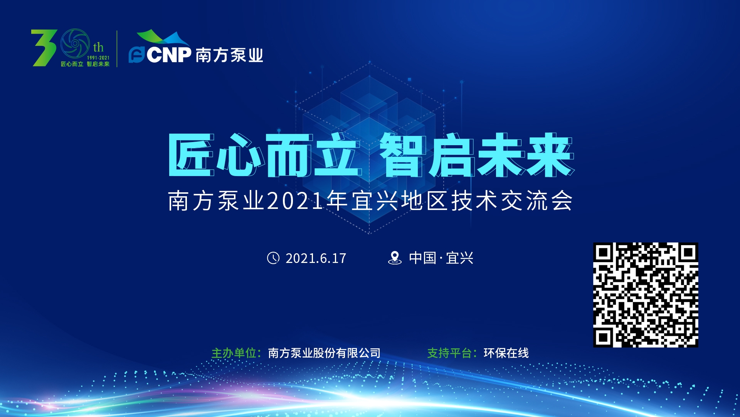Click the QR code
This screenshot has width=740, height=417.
pos(646,295)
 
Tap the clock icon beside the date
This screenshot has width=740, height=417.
pos(273,258)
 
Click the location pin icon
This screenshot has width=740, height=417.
pos(395,258)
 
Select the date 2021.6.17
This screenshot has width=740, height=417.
pos(316,258)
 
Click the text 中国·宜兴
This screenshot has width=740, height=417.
pos(441,258)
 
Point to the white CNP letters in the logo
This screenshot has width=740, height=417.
pos(169,55)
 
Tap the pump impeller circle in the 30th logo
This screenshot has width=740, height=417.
pos(75,44)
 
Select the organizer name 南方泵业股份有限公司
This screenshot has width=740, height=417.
pos(324,353)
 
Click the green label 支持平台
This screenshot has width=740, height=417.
pos(449,353)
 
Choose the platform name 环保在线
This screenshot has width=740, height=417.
pos(506,353)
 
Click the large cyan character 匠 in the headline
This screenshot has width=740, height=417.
pos(191,155)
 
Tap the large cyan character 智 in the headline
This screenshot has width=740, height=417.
pos(403,155)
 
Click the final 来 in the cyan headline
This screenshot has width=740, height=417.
pos(550,155)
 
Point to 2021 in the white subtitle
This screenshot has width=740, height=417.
pos(295,201)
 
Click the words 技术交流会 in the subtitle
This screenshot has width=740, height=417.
pos(512,201)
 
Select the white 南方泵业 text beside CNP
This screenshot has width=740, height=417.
pos(229,55)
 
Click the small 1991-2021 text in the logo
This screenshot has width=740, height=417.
pos(98,58)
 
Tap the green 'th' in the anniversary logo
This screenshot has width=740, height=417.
pos(98,47)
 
